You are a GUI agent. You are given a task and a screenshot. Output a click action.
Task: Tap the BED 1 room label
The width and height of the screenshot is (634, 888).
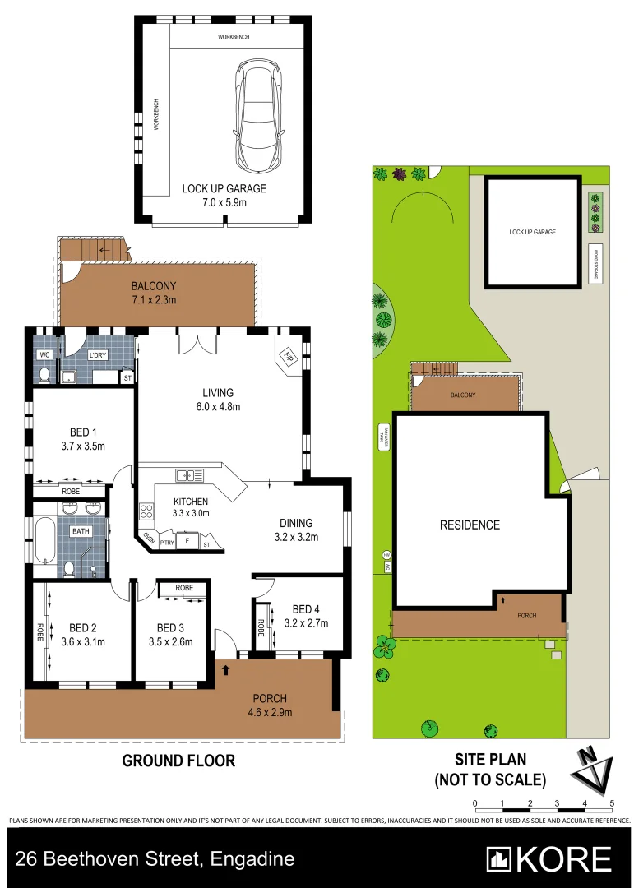tap(82, 439)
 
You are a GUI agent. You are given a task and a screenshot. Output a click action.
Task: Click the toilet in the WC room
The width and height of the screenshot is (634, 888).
tap(44, 374)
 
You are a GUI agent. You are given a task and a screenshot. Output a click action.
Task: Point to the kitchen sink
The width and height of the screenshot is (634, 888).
tap(191, 475)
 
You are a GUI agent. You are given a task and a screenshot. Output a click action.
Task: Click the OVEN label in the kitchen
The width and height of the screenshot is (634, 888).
tap(149, 539)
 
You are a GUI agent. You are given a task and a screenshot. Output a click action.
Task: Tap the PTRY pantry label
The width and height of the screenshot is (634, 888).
tap(168, 543)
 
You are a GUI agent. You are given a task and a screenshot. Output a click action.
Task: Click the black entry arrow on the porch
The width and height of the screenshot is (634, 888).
tap(224, 670)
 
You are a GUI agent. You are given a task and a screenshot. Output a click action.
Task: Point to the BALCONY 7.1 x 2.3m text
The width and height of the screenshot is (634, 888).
tap(154, 293)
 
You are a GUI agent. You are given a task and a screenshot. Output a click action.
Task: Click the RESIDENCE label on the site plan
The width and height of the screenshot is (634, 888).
tap(470, 525)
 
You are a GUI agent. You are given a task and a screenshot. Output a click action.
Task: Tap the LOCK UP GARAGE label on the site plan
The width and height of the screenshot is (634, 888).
tap(533, 232)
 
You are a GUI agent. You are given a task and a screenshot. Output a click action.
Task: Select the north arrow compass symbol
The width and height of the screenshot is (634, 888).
tap(594, 771)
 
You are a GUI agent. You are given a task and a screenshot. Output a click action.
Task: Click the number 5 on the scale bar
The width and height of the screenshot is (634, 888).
tap(613, 803)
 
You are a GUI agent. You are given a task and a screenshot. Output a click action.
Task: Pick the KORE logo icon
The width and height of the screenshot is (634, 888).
tap(498, 859)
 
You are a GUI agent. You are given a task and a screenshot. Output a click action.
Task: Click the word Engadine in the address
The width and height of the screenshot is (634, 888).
tap(252, 860)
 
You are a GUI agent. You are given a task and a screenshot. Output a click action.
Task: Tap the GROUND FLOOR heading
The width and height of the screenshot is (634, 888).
tap(178, 761)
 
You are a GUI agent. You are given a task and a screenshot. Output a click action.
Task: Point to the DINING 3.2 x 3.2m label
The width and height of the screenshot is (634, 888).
tap(296, 530)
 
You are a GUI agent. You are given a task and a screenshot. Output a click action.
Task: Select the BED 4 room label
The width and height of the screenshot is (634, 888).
tap(305, 616)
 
